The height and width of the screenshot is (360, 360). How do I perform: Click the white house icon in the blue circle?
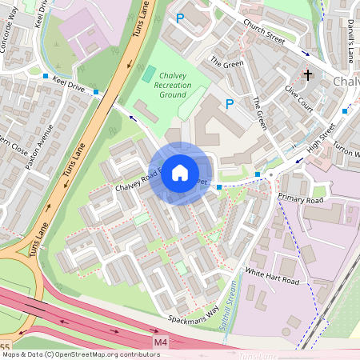(180, 172)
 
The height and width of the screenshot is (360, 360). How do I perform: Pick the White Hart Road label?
(272, 277)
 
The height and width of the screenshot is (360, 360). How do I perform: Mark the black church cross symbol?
(308, 75)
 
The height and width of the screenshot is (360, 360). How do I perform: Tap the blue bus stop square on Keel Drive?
(97, 93)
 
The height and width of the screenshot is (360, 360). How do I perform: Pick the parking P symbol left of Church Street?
(180, 18)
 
